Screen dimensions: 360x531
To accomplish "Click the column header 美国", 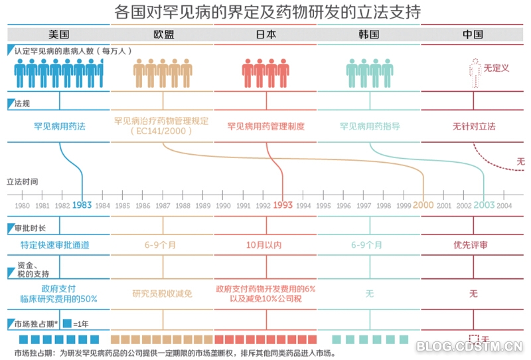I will tap(58, 34).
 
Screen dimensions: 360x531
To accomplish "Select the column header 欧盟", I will tap(163, 34).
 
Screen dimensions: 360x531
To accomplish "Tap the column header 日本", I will tap(266, 34).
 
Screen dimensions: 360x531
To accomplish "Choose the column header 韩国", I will tap(369, 34).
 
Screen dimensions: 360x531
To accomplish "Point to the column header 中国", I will tap(473, 34).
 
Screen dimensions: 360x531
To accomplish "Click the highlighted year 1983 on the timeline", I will tap(82, 205).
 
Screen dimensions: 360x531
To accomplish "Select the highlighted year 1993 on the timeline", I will tap(283, 205).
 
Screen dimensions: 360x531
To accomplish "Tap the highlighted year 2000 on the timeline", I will tap(423, 205).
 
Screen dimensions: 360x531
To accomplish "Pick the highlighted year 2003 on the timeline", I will tap(484, 205).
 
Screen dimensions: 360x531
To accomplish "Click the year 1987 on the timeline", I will tap(163, 206).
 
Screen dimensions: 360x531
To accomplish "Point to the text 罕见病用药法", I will tap(60, 126).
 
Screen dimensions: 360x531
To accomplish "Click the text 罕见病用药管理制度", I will tap(266, 126).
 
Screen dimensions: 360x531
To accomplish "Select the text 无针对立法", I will tap(474, 126).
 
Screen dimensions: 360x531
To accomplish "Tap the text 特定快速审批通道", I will tap(60, 244).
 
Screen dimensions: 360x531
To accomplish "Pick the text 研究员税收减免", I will tap(163, 293).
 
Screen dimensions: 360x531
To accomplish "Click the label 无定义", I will tap(496, 68).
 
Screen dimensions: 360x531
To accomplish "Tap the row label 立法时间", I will tap(23, 181).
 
